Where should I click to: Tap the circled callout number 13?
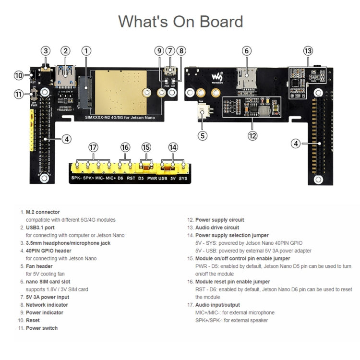(x=308, y=51)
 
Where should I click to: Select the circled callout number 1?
(x=86, y=51)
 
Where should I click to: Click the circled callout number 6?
(x=246, y=51)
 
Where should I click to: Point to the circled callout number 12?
(x=252, y=135)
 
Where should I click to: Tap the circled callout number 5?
(x=203, y=135)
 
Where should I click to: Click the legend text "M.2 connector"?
(x=43, y=212)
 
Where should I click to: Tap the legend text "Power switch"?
(x=41, y=328)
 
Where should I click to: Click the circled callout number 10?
(x=19, y=75)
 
